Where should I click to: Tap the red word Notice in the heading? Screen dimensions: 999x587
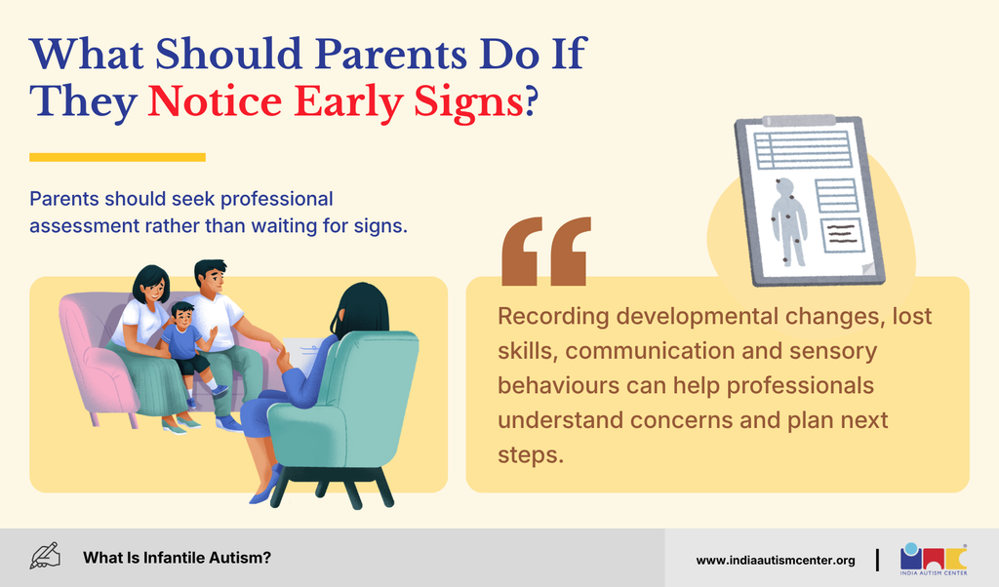(x=215, y=101)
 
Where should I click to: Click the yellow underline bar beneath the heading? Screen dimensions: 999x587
(x=117, y=157)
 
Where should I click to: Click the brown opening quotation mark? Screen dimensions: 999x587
(x=546, y=251)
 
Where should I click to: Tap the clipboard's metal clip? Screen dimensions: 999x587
(x=799, y=120)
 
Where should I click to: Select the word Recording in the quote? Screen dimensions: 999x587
(x=553, y=317)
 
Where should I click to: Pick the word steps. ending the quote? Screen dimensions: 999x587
(x=531, y=455)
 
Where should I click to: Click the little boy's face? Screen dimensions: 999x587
(x=182, y=317)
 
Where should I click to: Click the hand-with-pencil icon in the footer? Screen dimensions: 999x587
(x=45, y=556)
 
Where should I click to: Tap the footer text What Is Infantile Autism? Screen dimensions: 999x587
(x=178, y=558)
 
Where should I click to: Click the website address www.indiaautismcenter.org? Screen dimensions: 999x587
(x=776, y=561)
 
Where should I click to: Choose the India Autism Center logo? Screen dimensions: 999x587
(x=934, y=559)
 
